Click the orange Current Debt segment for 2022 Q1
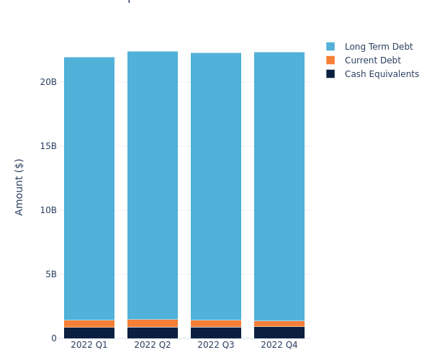[89, 324]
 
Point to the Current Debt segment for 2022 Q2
[153, 323]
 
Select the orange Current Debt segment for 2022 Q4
[279, 324]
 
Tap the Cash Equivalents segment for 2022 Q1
[89, 333]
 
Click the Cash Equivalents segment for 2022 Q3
[216, 333]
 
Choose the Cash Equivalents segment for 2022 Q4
[279, 333]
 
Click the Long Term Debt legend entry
[378, 47]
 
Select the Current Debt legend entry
[372, 60]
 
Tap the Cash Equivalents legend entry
[381, 74]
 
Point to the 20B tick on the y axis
[48, 82]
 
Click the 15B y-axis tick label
[48, 146]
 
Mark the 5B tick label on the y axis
[50, 274]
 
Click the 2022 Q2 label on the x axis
[153, 345]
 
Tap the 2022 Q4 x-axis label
[279, 345]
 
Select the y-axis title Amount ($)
[19, 186]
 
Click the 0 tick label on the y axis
[53, 338]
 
